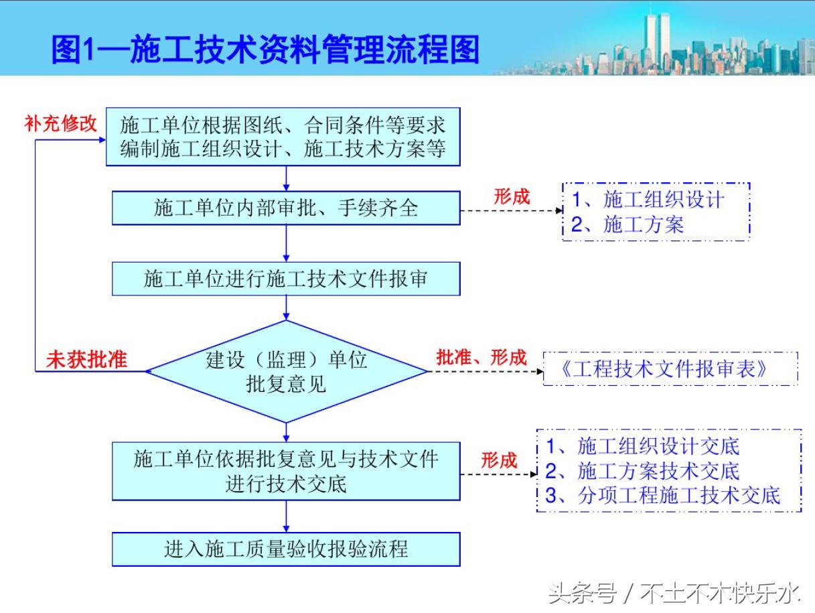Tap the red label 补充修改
pyautogui.click(x=61, y=123)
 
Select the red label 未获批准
pyautogui.click(x=86, y=360)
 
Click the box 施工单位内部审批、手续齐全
pyautogui.click(x=286, y=208)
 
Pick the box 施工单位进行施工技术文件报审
pyautogui.click(x=286, y=279)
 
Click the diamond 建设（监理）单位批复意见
pyautogui.click(x=286, y=371)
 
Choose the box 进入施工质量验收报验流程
pyautogui.click(x=286, y=549)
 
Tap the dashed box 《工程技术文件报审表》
pyautogui.click(x=670, y=369)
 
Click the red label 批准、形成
pyautogui.click(x=481, y=357)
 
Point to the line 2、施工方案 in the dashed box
pyautogui.click(x=627, y=225)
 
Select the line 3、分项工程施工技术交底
pyautogui.click(x=663, y=496)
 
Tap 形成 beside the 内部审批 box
pyautogui.click(x=512, y=197)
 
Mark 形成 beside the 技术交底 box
pyautogui.click(x=499, y=461)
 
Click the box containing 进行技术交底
pyautogui.click(x=286, y=471)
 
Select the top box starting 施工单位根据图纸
pyautogui.click(x=283, y=137)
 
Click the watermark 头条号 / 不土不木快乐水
pyautogui.click(x=674, y=593)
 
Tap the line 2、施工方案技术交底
pyautogui.click(x=643, y=471)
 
